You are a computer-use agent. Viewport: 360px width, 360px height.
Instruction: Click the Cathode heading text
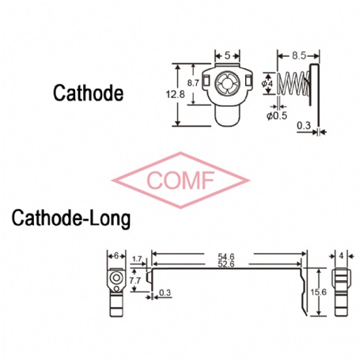pyautogui.click(x=88, y=93)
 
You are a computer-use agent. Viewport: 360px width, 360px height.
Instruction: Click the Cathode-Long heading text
pyautogui.click(x=71, y=218)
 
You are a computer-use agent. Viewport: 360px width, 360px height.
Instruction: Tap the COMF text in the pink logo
pyautogui.click(x=180, y=180)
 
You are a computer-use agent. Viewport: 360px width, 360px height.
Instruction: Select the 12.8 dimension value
pyautogui.click(x=176, y=94)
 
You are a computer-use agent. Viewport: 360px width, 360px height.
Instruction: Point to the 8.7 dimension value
pyautogui.click(x=193, y=83)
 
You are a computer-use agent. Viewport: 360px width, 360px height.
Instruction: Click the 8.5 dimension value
pyautogui.click(x=299, y=55)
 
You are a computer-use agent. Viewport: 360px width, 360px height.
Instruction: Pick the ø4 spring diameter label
pyautogui.click(x=267, y=84)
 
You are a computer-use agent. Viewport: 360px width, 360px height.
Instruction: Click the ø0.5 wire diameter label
pyautogui.click(x=277, y=116)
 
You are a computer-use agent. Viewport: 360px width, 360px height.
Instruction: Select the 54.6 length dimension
pyautogui.click(x=226, y=256)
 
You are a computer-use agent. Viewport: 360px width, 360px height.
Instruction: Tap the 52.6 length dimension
pyautogui.click(x=226, y=263)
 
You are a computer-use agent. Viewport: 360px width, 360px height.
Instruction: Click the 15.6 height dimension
pyautogui.click(x=319, y=292)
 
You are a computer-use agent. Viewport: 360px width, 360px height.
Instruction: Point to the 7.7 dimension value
pyautogui.click(x=135, y=281)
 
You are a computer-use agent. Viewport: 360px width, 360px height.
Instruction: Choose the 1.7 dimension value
pyautogui.click(x=137, y=259)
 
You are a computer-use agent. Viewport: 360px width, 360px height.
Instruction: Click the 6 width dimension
pyautogui.click(x=116, y=256)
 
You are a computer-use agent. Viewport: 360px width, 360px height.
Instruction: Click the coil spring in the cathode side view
pyautogui.click(x=294, y=84)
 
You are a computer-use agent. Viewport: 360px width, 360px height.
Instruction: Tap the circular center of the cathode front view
pyautogui.click(x=227, y=83)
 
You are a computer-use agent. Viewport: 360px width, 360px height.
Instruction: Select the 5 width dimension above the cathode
pyautogui.click(x=227, y=55)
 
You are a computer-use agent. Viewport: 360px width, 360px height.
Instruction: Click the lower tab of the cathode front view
pyautogui.click(x=228, y=116)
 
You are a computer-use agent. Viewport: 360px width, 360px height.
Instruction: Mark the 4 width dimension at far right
pyautogui.click(x=341, y=256)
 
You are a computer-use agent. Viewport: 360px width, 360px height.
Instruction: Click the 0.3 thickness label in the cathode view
pyautogui.click(x=304, y=125)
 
